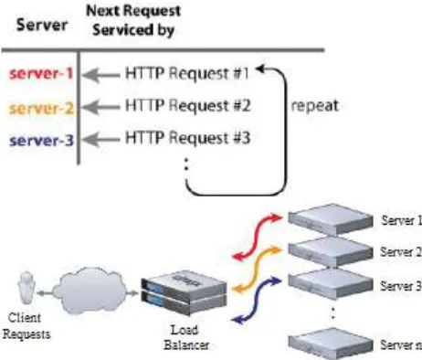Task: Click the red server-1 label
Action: click(x=41, y=74)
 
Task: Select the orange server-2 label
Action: click(x=41, y=108)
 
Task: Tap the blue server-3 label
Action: click(x=41, y=141)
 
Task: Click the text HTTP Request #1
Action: click(x=187, y=73)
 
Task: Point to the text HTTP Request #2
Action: click(x=188, y=106)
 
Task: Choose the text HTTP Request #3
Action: click(x=188, y=138)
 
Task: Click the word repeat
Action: click(x=315, y=106)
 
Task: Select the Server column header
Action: click(x=42, y=25)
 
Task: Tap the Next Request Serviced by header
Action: click(x=133, y=21)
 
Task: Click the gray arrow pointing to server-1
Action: click(x=101, y=75)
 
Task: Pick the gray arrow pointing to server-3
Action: click(x=101, y=140)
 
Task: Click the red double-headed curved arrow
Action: click(x=258, y=237)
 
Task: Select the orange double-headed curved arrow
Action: click(x=257, y=270)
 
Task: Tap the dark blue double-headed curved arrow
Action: click(x=257, y=300)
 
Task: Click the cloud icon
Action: click(x=90, y=291)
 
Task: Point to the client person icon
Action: click(x=26, y=288)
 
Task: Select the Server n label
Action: click(x=401, y=344)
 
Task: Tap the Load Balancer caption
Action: click(x=186, y=337)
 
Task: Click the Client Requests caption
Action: click(x=26, y=326)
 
